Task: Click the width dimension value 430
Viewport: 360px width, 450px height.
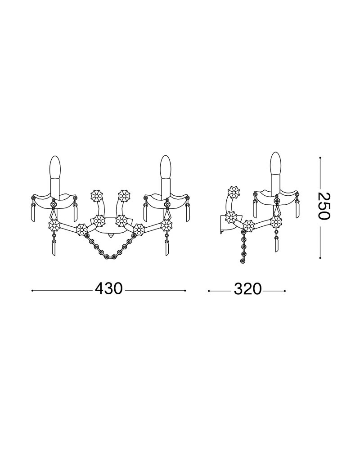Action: coord(109,289)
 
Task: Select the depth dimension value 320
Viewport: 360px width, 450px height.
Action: coord(248,289)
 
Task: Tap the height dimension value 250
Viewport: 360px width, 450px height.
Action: coord(324,206)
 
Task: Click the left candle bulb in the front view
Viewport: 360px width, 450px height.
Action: coord(55,167)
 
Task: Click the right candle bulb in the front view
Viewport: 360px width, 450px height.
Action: coord(165,167)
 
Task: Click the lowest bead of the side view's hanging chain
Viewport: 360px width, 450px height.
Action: coord(243,261)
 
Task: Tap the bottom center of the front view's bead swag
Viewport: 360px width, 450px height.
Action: coord(111,257)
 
